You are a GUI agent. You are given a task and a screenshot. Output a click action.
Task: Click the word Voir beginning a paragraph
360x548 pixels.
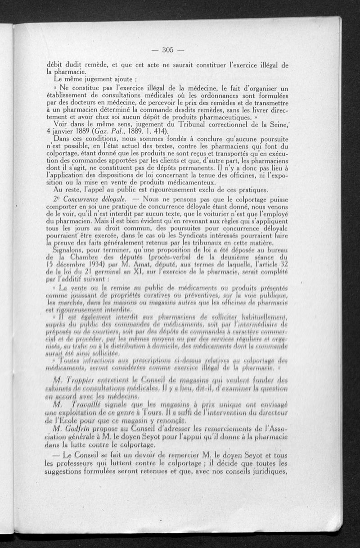coord(63,124)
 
